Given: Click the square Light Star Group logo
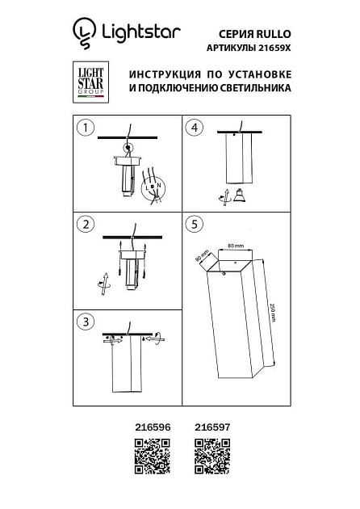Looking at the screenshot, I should pyautogui.click(x=90, y=82).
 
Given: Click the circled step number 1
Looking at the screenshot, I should pyautogui.click(x=85, y=128).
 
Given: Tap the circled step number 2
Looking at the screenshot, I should pyautogui.click(x=85, y=224).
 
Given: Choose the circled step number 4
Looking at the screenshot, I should pyautogui.click(x=194, y=128).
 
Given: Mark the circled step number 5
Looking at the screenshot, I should pyautogui.click(x=194, y=224).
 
